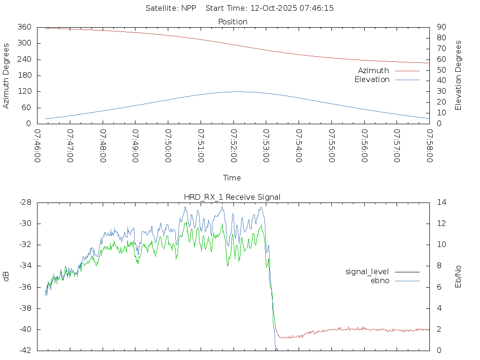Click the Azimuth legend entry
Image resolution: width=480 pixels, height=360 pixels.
374,71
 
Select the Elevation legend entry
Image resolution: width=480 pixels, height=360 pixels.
372,80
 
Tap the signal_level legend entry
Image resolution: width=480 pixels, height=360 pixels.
367,272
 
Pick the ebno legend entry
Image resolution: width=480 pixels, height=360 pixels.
380,281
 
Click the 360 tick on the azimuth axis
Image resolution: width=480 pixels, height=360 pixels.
24,27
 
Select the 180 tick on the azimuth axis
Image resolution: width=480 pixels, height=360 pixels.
24,75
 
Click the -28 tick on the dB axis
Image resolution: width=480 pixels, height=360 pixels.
24,202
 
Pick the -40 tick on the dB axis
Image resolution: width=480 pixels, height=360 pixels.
24,330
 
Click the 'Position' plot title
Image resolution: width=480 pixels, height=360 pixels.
233,22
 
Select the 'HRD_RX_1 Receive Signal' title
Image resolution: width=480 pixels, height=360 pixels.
232,197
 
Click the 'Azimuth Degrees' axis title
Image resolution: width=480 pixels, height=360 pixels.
7,75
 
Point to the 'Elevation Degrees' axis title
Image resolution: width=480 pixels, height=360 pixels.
459,75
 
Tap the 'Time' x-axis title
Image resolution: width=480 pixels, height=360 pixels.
232,178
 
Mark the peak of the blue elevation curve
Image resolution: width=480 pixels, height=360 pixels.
238,91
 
